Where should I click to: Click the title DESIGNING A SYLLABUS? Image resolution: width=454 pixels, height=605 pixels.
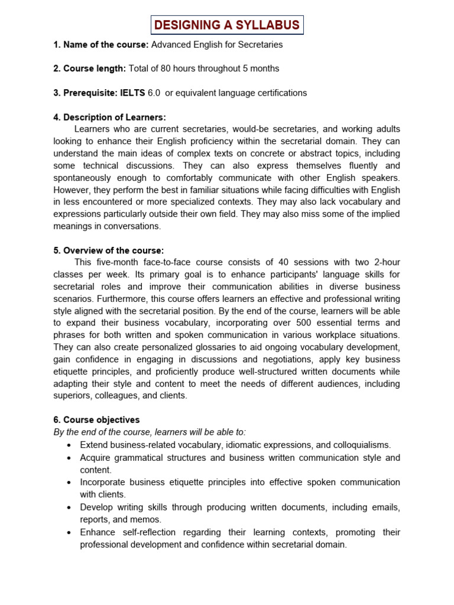click(x=227, y=25)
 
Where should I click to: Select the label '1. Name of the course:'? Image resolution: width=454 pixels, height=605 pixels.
click(x=101, y=44)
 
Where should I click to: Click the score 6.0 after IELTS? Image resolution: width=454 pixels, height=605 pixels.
click(x=154, y=93)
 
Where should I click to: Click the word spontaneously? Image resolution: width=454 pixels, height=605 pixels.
click(x=83, y=178)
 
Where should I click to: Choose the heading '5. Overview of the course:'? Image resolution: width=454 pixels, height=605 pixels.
click(x=108, y=251)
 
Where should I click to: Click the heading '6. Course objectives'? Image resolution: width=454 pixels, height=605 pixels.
click(x=96, y=420)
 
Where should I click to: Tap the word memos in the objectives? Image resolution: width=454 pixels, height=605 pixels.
click(x=147, y=519)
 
